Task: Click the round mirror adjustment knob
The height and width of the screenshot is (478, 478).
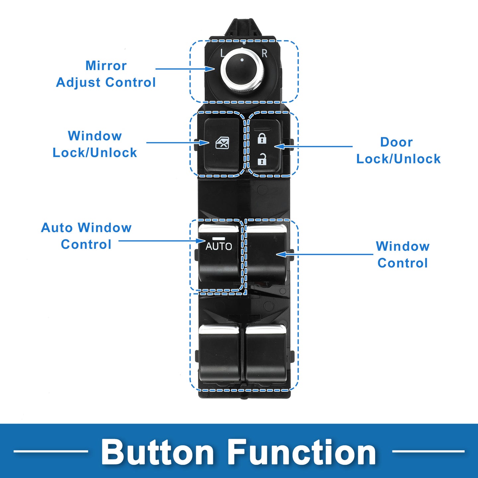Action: pyautogui.click(x=242, y=70)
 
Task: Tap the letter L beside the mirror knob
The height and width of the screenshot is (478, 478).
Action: pyautogui.click(x=222, y=53)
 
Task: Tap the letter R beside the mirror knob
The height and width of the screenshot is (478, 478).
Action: pyautogui.click(x=264, y=53)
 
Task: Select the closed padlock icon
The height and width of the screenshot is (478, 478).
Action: pyautogui.click(x=262, y=138)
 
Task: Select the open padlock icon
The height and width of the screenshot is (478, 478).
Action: pyautogui.click(x=262, y=160)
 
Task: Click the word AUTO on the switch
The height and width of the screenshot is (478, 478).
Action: pyautogui.click(x=219, y=246)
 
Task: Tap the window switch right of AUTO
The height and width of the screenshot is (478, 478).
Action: pyautogui.click(x=266, y=254)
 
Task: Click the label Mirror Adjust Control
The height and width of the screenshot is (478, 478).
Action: pyautogui.click(x=106, y=74)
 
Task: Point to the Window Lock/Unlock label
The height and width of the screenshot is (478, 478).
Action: pyautogui.click(x=95, y=144)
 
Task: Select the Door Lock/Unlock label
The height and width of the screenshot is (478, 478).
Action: pyautogui.click(x=398, y=150)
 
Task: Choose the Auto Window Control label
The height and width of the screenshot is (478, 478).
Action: pyautogui.click(x=86, y=236)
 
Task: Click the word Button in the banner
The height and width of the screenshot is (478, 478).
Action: pyautogui.click(x=158, y=452)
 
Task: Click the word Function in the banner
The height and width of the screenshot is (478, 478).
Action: pyautogui.click(x=302, y=452)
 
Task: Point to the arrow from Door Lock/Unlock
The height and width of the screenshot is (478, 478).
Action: pyautogui.click(x=314, y=146)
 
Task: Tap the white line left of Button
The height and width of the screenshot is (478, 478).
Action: pyautogui.click(x=50, y=451)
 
